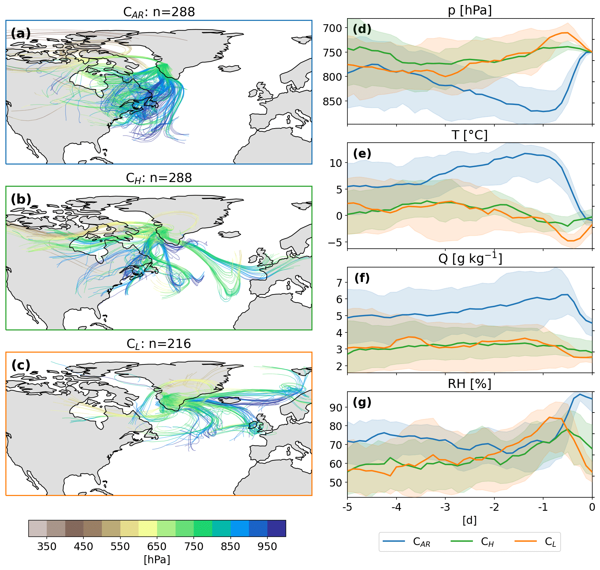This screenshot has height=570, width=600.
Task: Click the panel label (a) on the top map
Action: [x=21, y=33]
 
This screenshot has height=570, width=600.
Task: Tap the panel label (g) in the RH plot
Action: [x=362, y=402]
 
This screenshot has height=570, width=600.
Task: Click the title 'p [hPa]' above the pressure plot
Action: [x=470, y=10]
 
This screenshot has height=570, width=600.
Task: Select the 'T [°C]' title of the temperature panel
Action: [x=470, y=135]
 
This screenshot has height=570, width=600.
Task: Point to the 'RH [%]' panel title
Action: [x=470, y=384]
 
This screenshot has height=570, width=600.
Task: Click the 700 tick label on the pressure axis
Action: [x=332, y=28]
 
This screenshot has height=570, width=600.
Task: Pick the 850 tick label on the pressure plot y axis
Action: [x=332, y=101]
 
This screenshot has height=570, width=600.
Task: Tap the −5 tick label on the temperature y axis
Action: [x=334, y=242]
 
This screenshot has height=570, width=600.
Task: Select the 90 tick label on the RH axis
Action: [x=336, y=407]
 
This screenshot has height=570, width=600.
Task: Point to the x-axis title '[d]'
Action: [x=470, y=520]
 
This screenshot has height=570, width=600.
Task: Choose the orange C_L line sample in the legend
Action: [x=525, y=541]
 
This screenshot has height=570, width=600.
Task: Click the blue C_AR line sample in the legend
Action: [x=394, y=541]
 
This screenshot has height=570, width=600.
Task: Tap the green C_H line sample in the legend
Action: [x=461, y=541]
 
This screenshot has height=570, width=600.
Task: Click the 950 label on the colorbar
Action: [x=267, y=546]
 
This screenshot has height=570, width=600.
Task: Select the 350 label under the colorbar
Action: [x=47, y=546]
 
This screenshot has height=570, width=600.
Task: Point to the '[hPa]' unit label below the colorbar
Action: [x=157, y=559]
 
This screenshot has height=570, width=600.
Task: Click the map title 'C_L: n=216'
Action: [x=159, y=344]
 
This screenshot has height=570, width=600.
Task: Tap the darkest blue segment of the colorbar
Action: [x=276, y=528]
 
